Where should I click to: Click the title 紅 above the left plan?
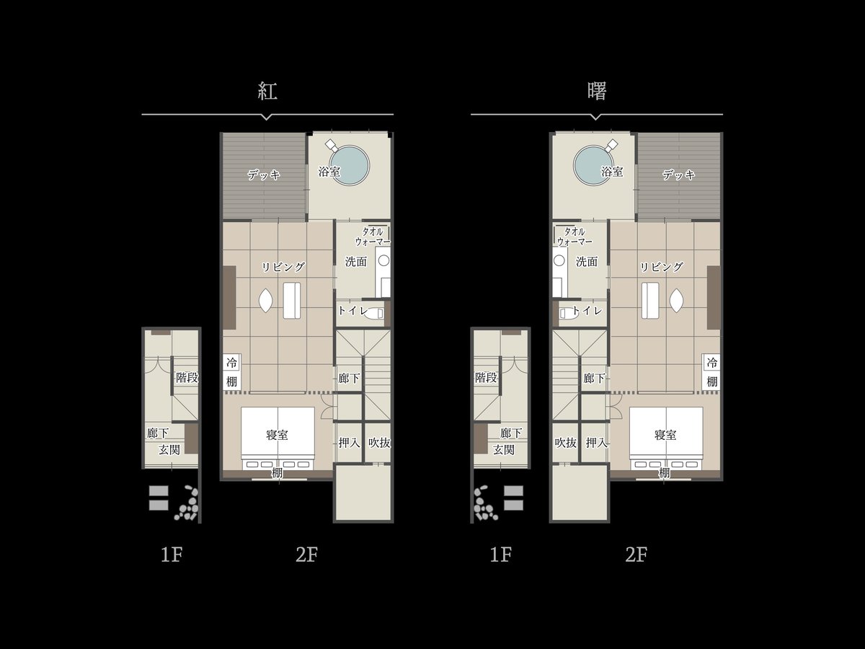[x=267, y=91]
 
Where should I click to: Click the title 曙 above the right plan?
[x=596, y=91]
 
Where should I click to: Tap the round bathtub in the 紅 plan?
[x=350, y=165]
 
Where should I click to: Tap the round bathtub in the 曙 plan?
[x=593, y=165]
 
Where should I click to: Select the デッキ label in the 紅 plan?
[x=264, y=175]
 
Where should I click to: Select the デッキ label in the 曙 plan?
[x=678, y=175]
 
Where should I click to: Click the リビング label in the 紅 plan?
[x=283, y=267]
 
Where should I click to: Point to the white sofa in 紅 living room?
[x=292, y=300]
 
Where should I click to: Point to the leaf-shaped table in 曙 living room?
[x=677, y=301]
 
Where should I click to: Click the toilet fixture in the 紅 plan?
[x=373, y=313]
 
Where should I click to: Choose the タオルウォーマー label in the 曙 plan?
[x=575, y=237]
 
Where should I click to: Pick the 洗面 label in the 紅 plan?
[x=356, y=262]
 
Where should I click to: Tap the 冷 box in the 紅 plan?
[x=231, y=362]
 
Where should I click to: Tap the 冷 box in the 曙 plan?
[x=711, y=362]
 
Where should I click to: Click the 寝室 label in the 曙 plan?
[x=665, y=435]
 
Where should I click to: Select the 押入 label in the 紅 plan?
[x=349, y=443]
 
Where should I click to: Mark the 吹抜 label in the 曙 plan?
[x=566, y=443]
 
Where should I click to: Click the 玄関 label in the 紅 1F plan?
[x=169, y=449]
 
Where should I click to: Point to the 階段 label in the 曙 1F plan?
[x=486, y=377]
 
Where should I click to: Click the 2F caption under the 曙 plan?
[x=636, y=555]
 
